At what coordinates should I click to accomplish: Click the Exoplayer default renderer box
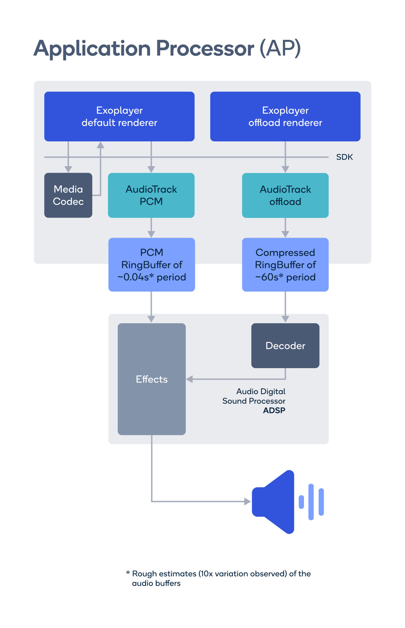coord(119,116)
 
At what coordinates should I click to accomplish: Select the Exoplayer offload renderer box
coord(285,116)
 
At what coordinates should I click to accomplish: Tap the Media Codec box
coord(68,195)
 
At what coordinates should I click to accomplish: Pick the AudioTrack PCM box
coord(151,195)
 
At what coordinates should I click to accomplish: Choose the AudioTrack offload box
coord(285,195)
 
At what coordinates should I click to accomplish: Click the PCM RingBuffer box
coord(151,265)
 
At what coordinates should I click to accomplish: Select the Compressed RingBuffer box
coord(285,265)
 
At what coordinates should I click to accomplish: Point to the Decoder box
coord(285,345)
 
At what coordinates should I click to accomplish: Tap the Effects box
coord(151,379)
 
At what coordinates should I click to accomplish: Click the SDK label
coord(344,157)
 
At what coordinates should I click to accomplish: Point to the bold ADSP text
coord(274,410)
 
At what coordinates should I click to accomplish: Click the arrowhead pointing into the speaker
coord(247,501)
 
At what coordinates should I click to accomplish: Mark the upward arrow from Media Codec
coord(100,167)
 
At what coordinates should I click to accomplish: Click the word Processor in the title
coord(205,48)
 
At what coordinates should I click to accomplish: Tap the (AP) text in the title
coord(280,48)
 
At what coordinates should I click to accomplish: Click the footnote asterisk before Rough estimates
coord(128,573)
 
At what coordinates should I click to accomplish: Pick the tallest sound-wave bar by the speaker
coord(311,502)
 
